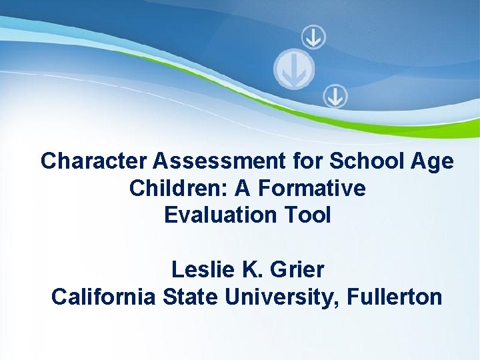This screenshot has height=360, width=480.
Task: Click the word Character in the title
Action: click(x=94, y=161)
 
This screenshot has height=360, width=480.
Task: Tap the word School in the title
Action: click(x=360, y=161)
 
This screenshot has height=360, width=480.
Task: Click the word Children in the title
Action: click(x=169, y=189)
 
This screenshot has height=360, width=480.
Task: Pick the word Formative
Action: click(x=311, y=189)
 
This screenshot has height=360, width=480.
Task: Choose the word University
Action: click(x=283, y=297)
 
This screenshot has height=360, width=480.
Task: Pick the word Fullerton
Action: click(x=394, y=297)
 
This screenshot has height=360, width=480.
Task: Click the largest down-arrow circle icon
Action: click(x=294, y=68)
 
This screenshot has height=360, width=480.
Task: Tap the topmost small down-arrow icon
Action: click(x=313, y=37)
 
